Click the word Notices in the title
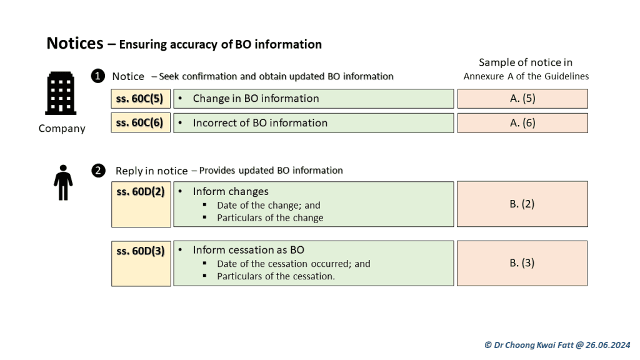pyautogui.click(x=75, y=43)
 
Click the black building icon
pyautogui.click(x=61, y=93)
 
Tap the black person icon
pyautogui.click(x=63, y=182)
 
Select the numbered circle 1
pyautogui.click(x=98, y=76)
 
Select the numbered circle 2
pyautogui.click(x=98, y=171)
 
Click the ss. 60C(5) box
pyautogui.click(x=141, y=99)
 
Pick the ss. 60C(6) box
pyautogui.click(x=141, y=123)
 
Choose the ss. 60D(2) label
pyautogui.click(x=141, y=192)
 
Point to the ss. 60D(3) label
pyautogui.click(x=141, y=251)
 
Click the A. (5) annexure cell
pyautogui.click(x=522, y=99)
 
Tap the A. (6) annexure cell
pyautogui.click(x=522, y=123)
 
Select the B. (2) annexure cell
pyautogui.click(x=522, y=204)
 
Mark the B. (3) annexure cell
pyautogui.click(x=522, y=263)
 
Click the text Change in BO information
pyautogui.click(x=256, y=98)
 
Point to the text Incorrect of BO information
pyautogui.click(x=260, y=123)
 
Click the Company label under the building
pyautogui.click(x=62, y=129)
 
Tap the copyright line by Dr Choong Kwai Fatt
pyautogui.click(x=557, y=345)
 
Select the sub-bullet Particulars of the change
pyautogui.click(x=270, y=218)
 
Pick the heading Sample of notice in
pyautogui.click(x=526, y=62)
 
